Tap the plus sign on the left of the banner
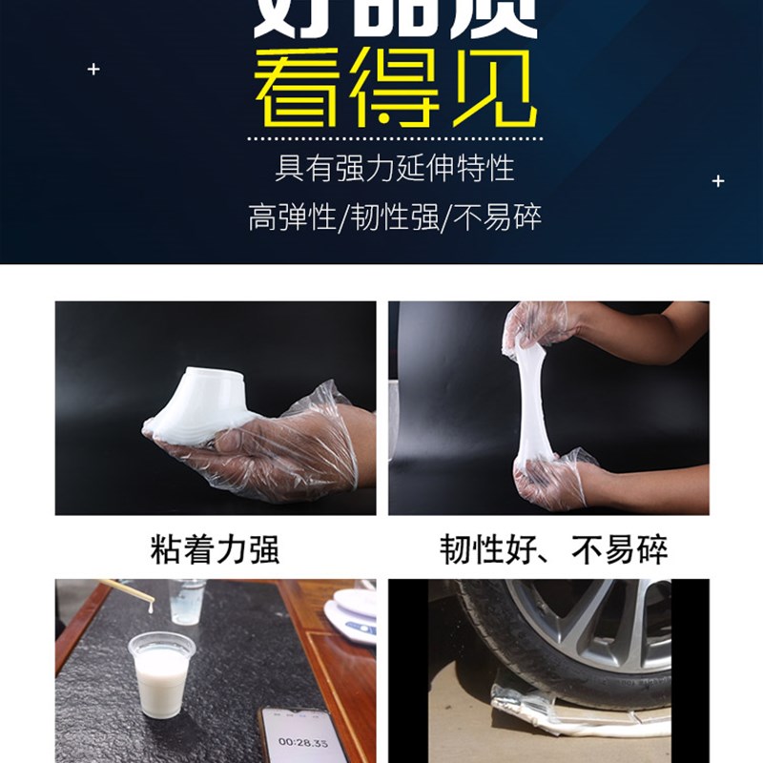point(93,69)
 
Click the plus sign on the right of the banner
point(718,180)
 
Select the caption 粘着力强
point(215,549)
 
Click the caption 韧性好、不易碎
point(553,549)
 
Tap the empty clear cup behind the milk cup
point(185,601)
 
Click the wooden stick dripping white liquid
point(128,591)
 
